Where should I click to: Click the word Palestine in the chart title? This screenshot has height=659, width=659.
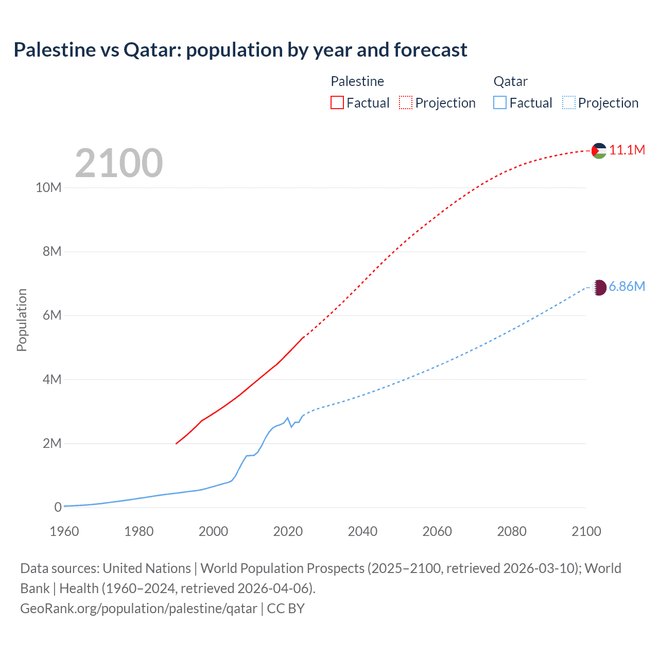pos(55,50)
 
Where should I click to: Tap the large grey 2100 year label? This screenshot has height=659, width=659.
pos(119,163)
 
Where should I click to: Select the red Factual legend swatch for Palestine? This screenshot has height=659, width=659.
pos(337,102)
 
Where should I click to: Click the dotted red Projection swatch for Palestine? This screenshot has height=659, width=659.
pos(406,102)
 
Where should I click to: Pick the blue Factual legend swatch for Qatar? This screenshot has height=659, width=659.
pos(500,102)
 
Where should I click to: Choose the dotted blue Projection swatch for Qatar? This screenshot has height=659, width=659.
pos(568,102)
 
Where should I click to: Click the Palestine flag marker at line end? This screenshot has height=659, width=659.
pos(599,150)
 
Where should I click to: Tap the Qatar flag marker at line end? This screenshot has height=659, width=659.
pos(599,287)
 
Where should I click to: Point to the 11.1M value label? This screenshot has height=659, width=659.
pos(627,150)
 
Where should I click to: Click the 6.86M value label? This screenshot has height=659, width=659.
pos(627,287)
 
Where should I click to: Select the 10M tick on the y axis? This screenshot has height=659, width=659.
pos(48,187)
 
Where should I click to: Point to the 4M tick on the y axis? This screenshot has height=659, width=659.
pos(52,379)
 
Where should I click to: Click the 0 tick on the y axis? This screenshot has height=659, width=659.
pos(58,507)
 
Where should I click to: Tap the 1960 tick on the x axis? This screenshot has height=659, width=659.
pos(64,531)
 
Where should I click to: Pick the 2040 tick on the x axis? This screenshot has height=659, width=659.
pos(362,531)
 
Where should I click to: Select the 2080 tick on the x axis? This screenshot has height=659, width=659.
pos(512,531)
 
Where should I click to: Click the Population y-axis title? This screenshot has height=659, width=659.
pos(22,320)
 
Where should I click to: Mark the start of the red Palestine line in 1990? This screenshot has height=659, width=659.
pos(176,443)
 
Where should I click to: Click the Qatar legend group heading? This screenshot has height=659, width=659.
pos(510,81)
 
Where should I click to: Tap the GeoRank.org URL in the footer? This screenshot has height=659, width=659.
pos(138,609)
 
